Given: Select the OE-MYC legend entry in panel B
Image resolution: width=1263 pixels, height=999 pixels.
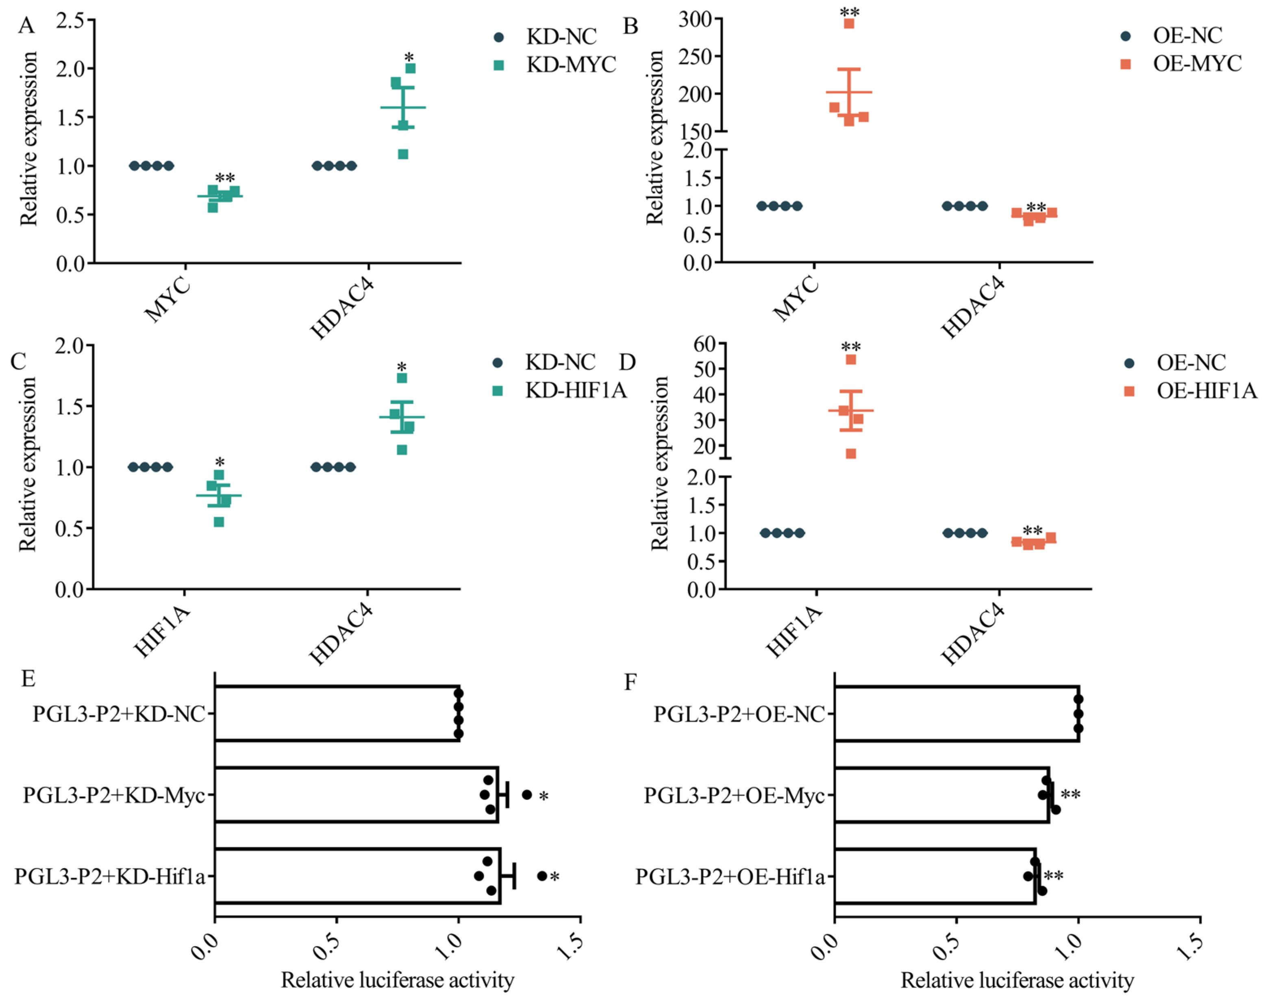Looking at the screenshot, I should pos(1196,63).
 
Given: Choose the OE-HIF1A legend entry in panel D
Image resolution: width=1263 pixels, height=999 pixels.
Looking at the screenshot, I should pos(1206,391).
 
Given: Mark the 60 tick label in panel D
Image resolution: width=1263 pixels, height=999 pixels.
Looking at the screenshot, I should pos(704,344).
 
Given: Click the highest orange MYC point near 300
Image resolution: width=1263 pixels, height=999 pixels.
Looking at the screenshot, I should pos(849,24).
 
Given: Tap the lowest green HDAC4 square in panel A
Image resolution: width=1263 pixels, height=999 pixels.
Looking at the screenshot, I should pos(403,155).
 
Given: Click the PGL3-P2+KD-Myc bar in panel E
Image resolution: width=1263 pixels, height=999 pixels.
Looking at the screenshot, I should pos(357,794).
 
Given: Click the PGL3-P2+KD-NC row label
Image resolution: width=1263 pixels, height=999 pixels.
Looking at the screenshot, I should pos(119,714).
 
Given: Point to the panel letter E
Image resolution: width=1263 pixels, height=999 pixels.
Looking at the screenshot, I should pos(28,679).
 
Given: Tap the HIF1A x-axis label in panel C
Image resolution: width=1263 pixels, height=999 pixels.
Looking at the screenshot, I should pos(163,632).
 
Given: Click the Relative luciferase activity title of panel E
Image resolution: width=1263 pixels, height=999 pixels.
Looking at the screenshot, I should pos(398,980).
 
